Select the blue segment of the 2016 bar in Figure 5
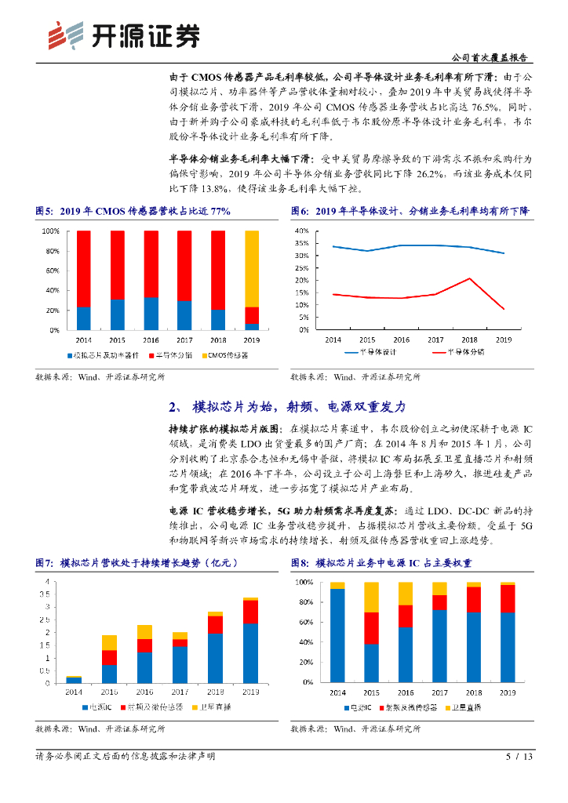150,314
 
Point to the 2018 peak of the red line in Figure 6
469,278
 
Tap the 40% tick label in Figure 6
301,231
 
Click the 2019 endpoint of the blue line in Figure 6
504,253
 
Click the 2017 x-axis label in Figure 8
439,693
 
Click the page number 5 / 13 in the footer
519,757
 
